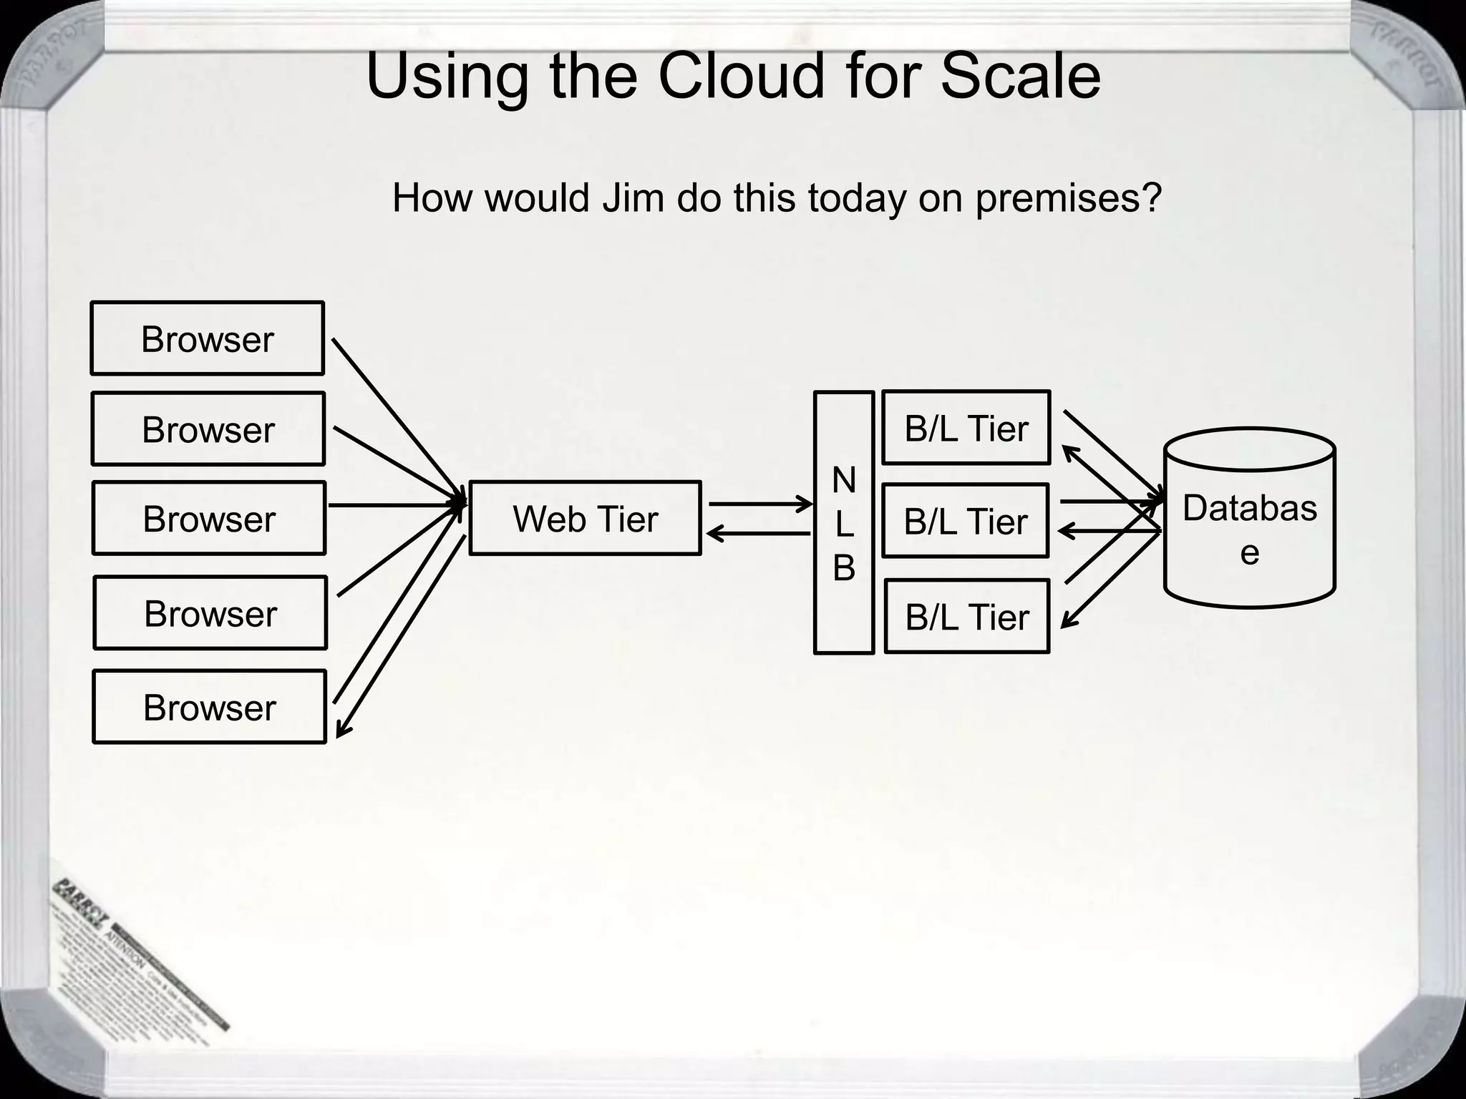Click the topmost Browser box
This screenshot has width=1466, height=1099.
[x=208, y=338]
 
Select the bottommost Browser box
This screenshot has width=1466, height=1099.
[x=209, y=707]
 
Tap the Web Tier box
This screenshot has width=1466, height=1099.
[x=585, y=518]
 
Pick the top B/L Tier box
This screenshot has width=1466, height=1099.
[x=966, y=428]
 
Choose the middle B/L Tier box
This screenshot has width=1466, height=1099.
[x=966, y=521]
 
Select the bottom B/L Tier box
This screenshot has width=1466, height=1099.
[x=967, y=617]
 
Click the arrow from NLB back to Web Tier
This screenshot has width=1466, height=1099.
[x=759, y=534]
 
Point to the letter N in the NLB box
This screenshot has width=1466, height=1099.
[x=844, y=480]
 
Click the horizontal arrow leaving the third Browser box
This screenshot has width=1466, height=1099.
[x=394, y=505]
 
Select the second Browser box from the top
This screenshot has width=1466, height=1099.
[x=208, y=429]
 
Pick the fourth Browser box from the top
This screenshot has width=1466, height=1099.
[x=210, y=613]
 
